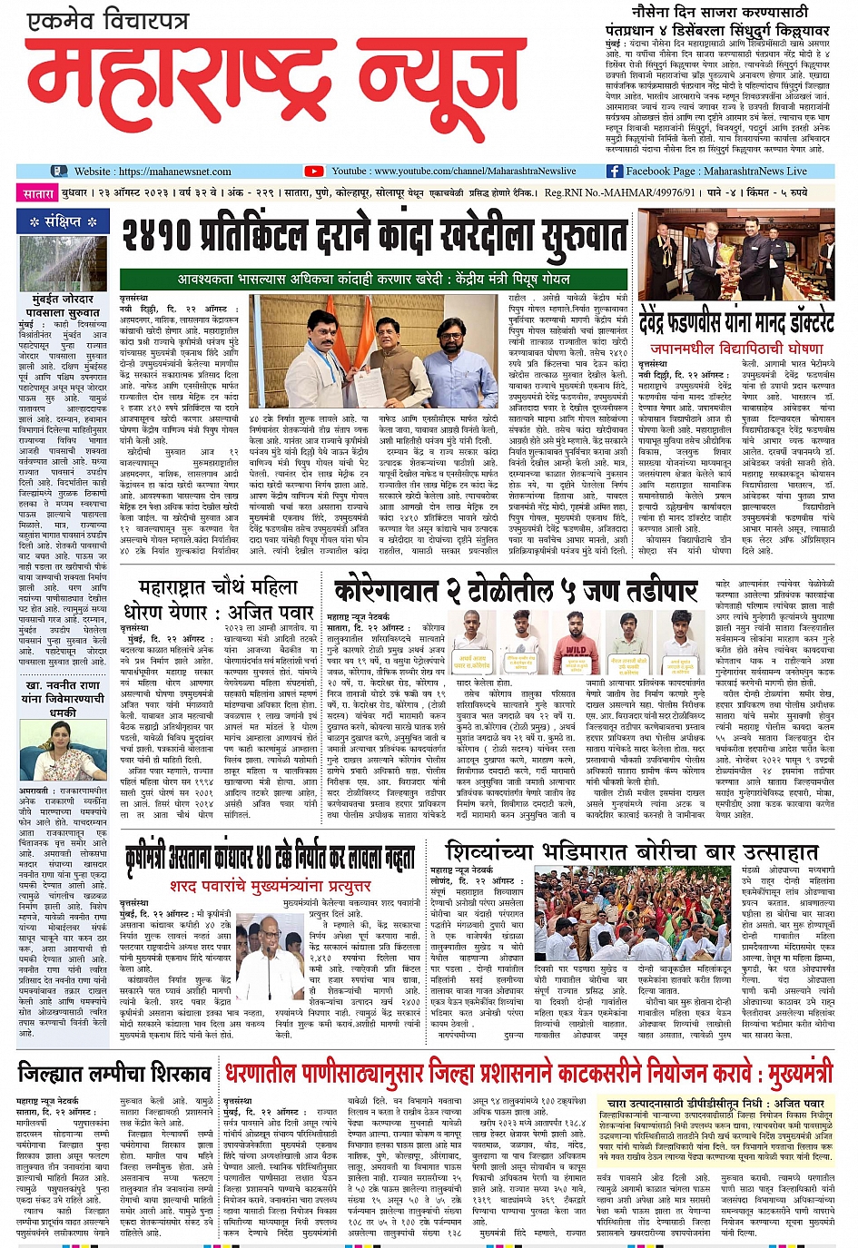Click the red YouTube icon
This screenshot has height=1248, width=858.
pos(314,171)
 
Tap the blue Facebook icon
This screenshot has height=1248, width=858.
pos(614,171)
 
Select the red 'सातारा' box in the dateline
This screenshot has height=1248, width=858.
pos(39,193)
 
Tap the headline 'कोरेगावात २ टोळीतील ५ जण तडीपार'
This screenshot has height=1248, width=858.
pos(515,590)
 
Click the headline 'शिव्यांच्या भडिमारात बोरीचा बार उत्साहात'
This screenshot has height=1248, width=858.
pos(632,851)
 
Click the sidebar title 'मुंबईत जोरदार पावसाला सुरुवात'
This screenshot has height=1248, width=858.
pos(63,305)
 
